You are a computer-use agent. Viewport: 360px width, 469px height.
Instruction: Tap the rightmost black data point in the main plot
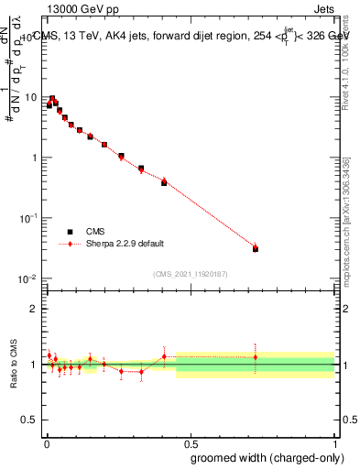(256, 249)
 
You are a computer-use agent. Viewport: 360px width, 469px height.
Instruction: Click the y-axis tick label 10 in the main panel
(29, 97)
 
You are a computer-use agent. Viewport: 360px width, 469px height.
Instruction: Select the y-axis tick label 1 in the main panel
(33, 158)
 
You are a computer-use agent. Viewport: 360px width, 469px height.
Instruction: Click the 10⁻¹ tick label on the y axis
(28, 217)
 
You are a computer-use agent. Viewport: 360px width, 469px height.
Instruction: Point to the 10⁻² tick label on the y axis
(28, 278)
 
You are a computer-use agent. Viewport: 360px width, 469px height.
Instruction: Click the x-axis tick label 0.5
(191, 442)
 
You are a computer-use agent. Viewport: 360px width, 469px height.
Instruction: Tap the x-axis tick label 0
(46, 442)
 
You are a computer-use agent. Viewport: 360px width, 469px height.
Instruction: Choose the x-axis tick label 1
(335, 442)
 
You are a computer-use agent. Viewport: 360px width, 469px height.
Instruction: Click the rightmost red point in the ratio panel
(256, 357)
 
